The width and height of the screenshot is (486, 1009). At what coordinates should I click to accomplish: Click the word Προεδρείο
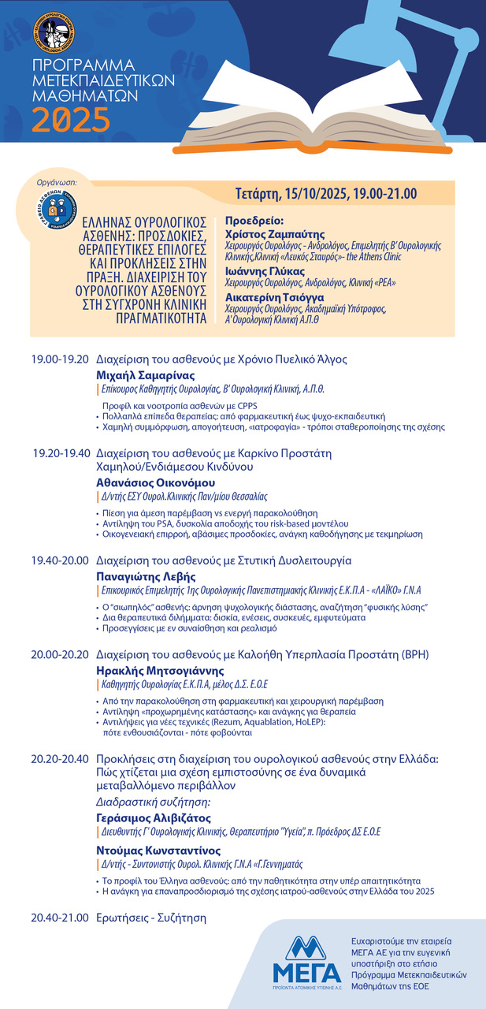(254, 221)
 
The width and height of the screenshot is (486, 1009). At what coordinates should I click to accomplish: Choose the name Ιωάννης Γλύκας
(259, 270)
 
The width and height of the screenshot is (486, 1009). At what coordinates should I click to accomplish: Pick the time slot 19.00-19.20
(60, 359)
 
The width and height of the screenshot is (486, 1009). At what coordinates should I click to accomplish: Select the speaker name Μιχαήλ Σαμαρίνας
(145, 375)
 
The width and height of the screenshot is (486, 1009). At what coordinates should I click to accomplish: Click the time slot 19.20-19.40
(61, 453)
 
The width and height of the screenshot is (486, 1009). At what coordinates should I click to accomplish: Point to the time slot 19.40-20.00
(60, 560)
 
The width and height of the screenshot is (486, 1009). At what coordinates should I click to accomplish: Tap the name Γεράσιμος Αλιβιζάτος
(154, 817)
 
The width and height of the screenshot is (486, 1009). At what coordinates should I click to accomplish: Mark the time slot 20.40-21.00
(60, 918)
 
